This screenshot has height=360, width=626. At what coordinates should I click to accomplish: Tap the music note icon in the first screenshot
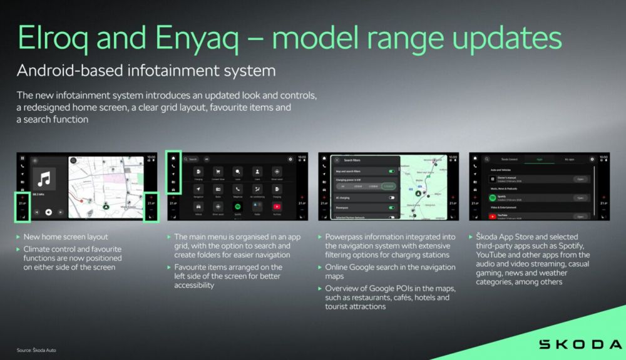tap(44, 180)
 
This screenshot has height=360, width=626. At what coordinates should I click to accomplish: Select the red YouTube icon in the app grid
tap(276, 205)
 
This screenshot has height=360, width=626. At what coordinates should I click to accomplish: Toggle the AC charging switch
tap(392, 197)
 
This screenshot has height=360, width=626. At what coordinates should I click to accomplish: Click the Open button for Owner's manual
tap(580, 179)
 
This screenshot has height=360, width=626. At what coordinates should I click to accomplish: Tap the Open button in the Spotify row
tap(580, 198)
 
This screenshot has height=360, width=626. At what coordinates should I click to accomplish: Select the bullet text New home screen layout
tap(66, 237)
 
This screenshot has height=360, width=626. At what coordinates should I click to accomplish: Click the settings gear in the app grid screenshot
tap(290, 159)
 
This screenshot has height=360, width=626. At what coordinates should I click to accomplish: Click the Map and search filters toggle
tap(392, 170)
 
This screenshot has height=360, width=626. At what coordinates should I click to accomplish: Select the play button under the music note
tap(48, 212)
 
